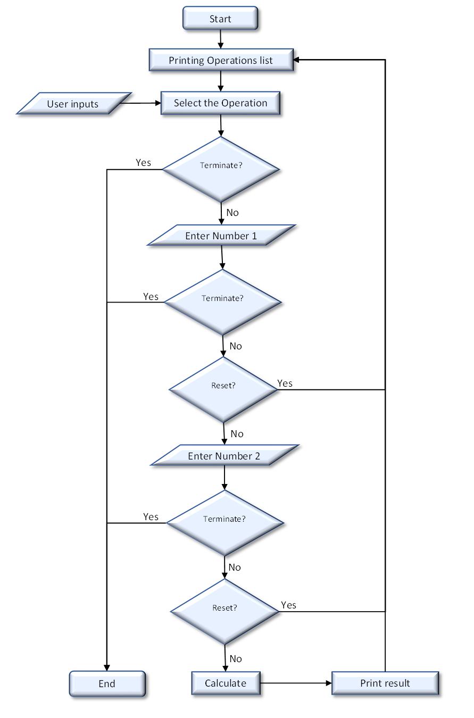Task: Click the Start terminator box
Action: pos(220,19)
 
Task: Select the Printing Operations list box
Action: pos(221,60)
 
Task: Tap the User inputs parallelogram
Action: pos(73,104)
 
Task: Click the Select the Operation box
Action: pos(220,103)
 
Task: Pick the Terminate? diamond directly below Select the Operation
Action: pos(221,169)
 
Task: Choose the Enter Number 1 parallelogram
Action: pos(221,236)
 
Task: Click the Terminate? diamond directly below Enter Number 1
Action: pos(222,302)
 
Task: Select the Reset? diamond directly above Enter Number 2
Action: pos(223,389)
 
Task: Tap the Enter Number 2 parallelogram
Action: pos(224,456)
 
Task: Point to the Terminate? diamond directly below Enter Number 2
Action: pos(224,523)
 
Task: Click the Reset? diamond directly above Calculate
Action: pos(224,611)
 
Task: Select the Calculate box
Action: pos(226,683)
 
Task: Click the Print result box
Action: pos(385,683)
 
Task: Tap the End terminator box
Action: pos(107,684)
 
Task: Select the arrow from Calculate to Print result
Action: pos(296,683)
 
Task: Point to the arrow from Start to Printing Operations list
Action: pos(220,39)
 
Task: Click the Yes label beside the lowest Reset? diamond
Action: pos(289,605)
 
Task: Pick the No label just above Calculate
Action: pos(236,659)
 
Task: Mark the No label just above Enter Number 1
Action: pos(232,213)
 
